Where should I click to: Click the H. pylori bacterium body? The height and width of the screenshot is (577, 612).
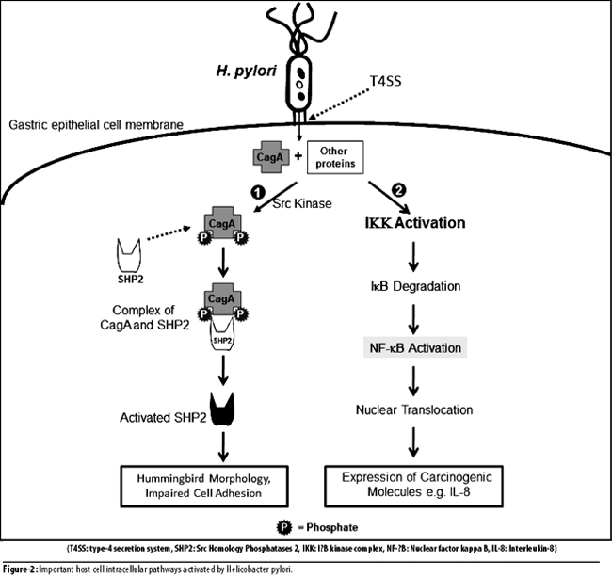pos(299,83)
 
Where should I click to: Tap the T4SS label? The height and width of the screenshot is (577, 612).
pos(386,81)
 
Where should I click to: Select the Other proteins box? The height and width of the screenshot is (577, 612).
pos(335,157)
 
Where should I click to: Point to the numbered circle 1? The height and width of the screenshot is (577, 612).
pos(258,192)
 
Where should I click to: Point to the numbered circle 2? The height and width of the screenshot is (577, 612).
pos(398,190)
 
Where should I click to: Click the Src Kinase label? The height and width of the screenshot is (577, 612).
pos(302,203)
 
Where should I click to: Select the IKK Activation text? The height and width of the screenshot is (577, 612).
pos(415,223)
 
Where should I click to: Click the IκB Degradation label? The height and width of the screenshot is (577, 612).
pos(415,286)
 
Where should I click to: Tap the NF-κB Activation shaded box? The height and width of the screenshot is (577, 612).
pos(415,347)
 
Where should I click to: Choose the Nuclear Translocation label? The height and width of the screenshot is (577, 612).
pos(414,410)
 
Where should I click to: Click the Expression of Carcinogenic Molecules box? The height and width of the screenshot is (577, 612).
pos(413,486)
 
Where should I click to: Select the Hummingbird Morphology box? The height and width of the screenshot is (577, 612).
pos(204,486)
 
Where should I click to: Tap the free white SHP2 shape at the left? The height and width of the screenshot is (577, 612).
pos(128,255)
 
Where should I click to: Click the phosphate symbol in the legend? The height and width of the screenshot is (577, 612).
pos(284,527)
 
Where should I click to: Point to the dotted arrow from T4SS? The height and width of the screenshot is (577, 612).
pos(339,104)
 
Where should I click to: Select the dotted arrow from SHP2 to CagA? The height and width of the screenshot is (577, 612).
pos(169,232)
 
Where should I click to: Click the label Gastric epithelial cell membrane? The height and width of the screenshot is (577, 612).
pos(96,125)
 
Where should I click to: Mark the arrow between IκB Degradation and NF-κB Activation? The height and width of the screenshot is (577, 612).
pos(413,318)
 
